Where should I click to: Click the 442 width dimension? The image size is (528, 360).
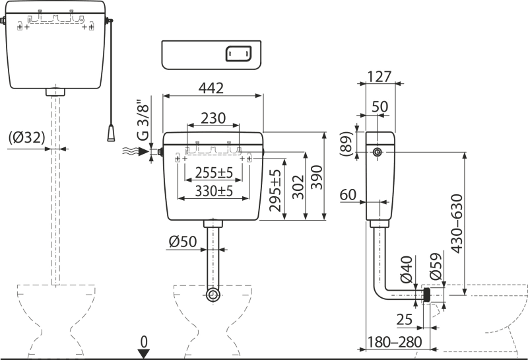(x=212, y=85)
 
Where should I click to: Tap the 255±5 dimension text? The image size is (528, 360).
(x=209, y=175)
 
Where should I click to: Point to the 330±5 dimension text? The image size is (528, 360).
(x=209, y=192)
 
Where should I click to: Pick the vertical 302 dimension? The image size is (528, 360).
(x=300, y=185)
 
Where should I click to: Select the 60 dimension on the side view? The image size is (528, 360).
(x=349, y=195)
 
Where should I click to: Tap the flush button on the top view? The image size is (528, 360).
(x=237, y=55)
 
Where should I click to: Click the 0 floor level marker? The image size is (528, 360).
(x=143, y=343)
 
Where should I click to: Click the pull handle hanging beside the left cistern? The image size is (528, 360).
(x=112, y=133)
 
